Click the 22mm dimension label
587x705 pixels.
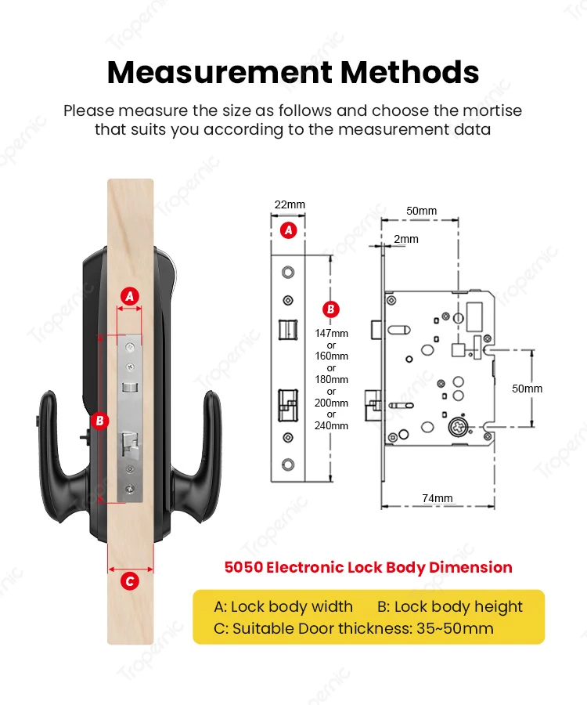(x=290, y=205)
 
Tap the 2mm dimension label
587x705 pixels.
(x=406, y=239)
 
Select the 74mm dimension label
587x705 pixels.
(x=437, y=498)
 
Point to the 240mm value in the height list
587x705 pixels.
(x=331, y=425)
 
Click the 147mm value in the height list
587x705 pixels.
(x=331, y=333)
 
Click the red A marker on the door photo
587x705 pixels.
(x=131, y=295)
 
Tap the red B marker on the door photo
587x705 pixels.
(x=99, y=421)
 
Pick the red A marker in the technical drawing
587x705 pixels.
(x=289, y=230)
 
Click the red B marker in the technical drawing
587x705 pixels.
(x=331, y=309)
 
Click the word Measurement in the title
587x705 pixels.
(x=219, y=72)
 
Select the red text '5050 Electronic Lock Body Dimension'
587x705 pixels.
(x=368, y=567)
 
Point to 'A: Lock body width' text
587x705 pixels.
(x=283, y=606)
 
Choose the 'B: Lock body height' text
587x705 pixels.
(x=450, y=606)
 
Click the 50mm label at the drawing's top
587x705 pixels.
(x=422, y=211)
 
